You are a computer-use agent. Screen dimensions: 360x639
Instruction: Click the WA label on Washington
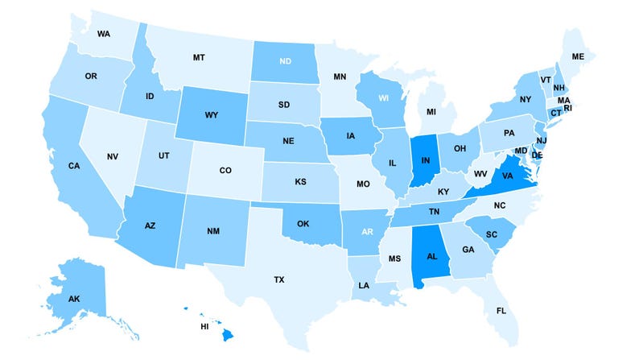click(103, 34)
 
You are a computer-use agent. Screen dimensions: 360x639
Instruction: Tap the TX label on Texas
click(278, 279)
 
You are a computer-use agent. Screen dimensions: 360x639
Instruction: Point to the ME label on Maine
click(578, 56)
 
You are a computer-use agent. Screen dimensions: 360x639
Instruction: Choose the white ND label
click(286, 60)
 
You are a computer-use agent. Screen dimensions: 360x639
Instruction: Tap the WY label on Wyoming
click(212, 115)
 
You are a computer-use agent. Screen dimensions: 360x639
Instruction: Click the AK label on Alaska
click(73, 299)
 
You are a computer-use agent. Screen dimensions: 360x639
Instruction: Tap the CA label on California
click(73, 166)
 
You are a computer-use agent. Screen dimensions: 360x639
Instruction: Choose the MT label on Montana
click(198, 57)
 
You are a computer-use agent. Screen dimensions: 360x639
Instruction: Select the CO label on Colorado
click(225, 171)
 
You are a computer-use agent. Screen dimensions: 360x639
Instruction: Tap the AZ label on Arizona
click(150, 227)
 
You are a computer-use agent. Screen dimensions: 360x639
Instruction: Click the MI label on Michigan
click(431, 111)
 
